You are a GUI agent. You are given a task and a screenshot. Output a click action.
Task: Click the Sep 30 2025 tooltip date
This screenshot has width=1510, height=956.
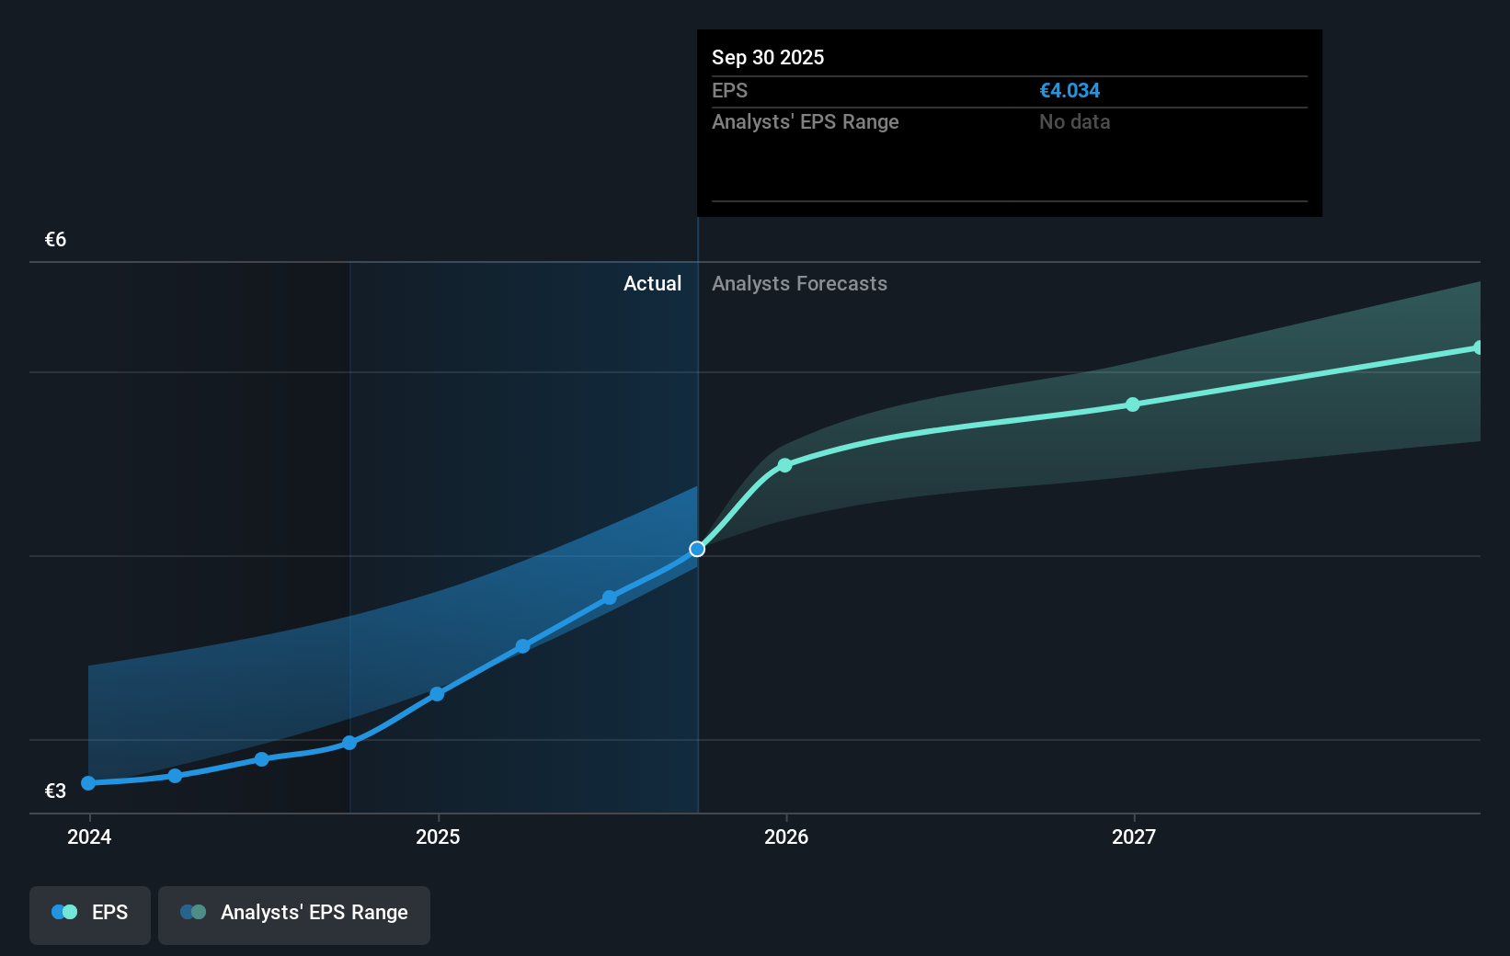coord(768,57)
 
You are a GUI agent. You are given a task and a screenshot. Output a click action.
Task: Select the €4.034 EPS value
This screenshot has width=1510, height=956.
coord(1070,90)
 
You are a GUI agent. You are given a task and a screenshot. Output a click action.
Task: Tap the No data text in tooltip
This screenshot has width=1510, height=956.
coord(1074,121)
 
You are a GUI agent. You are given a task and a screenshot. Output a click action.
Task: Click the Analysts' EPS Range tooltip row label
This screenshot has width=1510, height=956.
coord(805,121)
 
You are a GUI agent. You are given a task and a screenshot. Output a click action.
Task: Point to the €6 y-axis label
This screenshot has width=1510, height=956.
coord(55,240)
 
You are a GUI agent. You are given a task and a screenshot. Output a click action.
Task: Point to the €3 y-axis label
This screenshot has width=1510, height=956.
coord(55,791)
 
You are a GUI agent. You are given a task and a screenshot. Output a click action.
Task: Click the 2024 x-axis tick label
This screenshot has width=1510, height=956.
coord(89,836)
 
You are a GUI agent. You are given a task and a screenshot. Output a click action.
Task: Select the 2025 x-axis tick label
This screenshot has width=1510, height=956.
coord(438,836)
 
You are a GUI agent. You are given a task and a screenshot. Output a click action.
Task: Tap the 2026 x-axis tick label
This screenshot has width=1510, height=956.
coord(786,836)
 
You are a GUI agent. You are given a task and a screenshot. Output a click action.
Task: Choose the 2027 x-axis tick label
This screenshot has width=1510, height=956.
coord(1134,836)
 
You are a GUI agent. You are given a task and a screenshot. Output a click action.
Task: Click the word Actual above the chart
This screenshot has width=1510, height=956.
coord(652,283)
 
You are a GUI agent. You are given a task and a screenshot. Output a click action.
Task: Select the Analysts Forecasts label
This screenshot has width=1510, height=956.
coord(799,283)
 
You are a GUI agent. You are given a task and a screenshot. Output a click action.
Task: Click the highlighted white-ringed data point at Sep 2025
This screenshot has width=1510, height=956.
coord(697,549)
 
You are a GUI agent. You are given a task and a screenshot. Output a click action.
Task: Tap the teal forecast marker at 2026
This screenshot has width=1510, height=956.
coord(784,465)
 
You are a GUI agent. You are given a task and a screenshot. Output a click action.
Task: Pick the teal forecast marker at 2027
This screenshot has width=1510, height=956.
coord(1133,404)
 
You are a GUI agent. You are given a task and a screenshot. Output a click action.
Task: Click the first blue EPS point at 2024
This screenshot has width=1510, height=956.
coord(88,783)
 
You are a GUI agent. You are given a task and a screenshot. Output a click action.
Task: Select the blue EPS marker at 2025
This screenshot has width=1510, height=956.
coord(437,694)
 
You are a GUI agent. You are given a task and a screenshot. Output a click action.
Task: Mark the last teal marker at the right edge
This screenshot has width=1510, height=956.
coord(1478,347)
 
